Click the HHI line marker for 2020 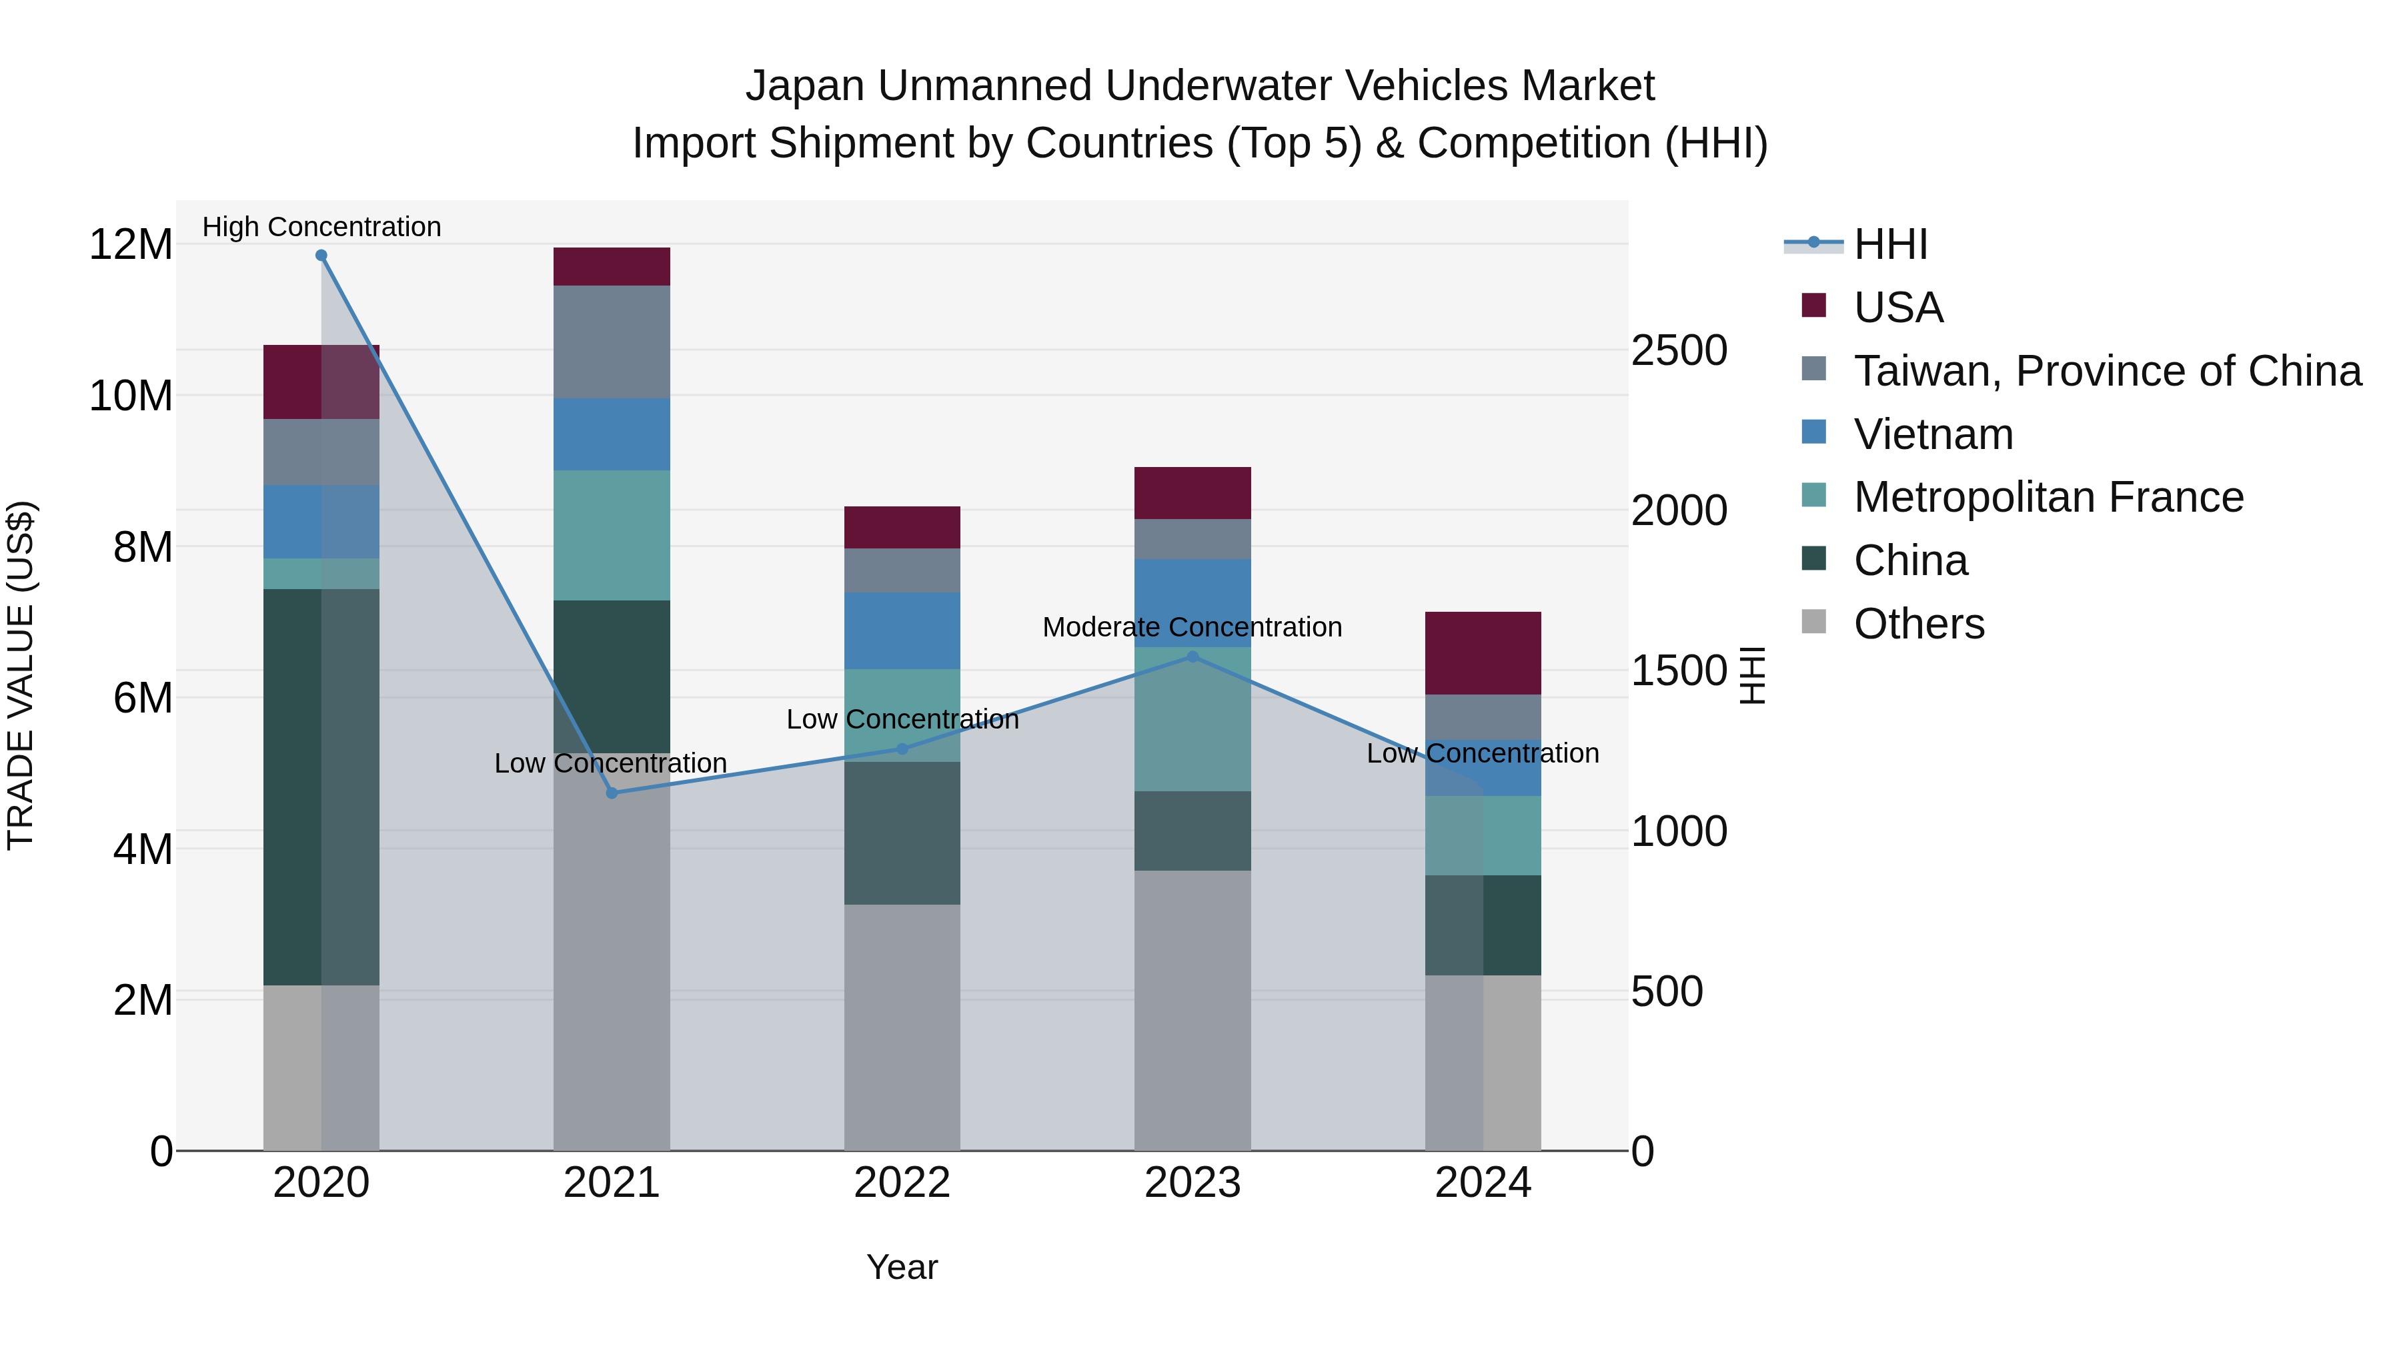tap(321, 256)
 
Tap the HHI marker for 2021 tap(612, 793)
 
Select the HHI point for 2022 tap(901, 749)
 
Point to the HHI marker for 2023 tap(1192, 657)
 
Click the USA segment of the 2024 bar tap(1482, 652)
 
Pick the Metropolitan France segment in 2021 tap(612, 534)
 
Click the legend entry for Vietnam tap(1932, 434)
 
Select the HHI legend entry tap(1889, 244)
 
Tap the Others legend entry tap(1918, 624)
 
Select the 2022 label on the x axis tap(901, 1183)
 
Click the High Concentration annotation tap(321, 227)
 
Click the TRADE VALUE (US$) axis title tap(21, 675)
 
